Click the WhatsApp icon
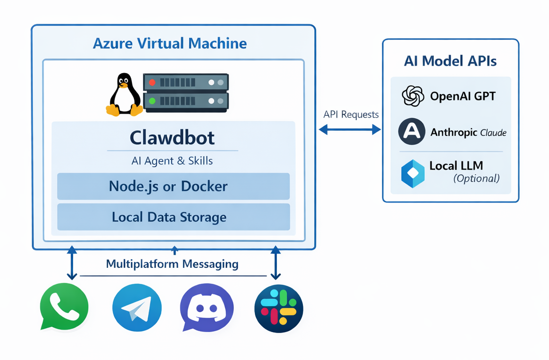tap(64, 308)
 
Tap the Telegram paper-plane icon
tap(137, 309)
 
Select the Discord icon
tap(207, 308)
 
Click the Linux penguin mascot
tap(124, 95)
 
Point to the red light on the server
tap(152, 82)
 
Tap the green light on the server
tap(152, 101)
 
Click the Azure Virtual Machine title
tap(170, 43)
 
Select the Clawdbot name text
tap(172, 138)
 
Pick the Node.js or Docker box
tap(174, 186)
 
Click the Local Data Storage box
tap(174, 217)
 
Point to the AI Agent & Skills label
tap(172, 160)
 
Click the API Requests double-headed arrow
tap(350, 129)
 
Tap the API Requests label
tap(351, 115)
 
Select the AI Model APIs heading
tap(450, 61)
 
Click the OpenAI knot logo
tap(413, 96)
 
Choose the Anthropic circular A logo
tap(412, 132)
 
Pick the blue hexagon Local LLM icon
tap(412, 173)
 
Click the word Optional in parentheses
tap(476, 179)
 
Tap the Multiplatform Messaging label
tap(172, 264)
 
